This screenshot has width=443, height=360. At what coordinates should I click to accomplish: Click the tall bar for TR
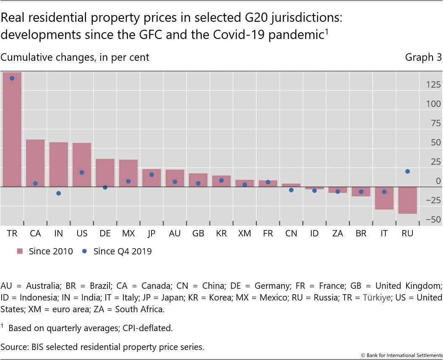tap(12, 130)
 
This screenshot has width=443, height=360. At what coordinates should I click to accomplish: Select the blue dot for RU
tap(407, 171)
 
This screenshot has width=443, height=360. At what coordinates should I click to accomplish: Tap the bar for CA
tap(35, 163)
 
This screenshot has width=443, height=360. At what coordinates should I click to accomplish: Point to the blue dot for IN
tap(58, 193)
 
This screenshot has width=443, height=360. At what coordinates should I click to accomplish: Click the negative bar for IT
tap(384, 198)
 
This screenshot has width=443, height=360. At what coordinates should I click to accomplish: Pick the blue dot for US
tap(82, 172)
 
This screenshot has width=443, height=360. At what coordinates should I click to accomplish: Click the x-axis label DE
tap(105, 234)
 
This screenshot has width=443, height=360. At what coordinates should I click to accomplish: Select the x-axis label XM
tap(245, 234)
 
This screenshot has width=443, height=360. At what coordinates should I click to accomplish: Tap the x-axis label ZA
tap(337, 234)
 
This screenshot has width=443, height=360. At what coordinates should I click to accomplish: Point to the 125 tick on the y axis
tap(433, 85)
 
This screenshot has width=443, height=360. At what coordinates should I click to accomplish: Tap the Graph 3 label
tap(423, 57)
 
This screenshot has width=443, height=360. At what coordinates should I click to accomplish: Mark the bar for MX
tap(128, 173)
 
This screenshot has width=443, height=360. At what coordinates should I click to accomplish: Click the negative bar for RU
tap(407, 200)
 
